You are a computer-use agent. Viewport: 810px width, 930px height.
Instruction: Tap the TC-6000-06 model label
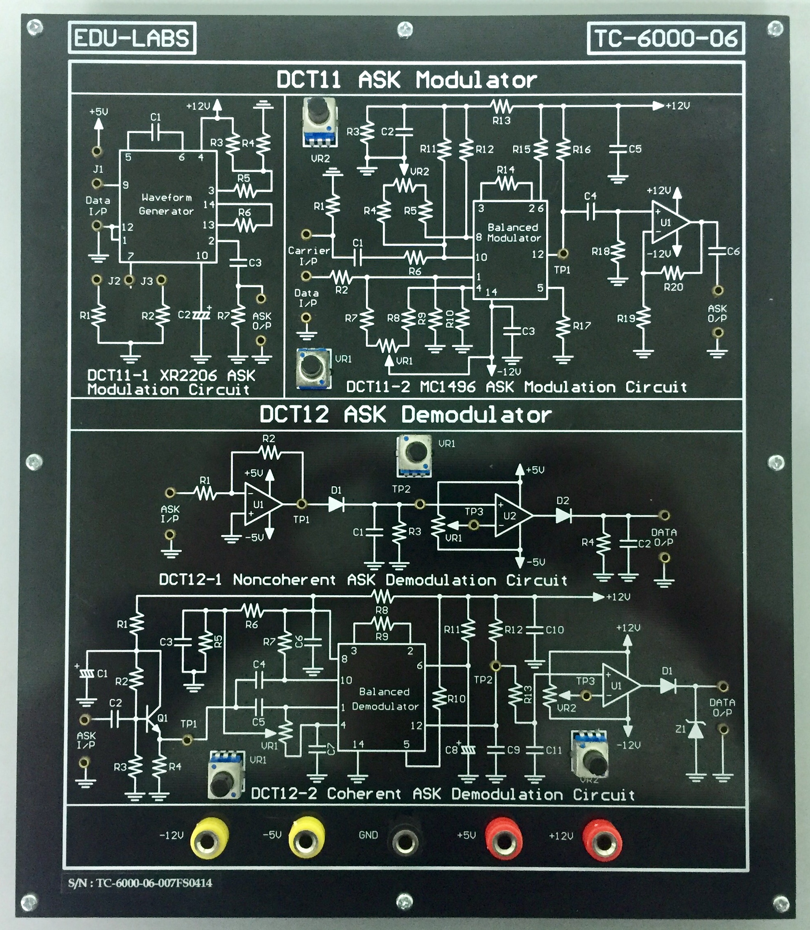click(x=665, y=38)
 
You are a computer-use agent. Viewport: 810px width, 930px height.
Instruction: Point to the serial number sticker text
click(x=140, y=883)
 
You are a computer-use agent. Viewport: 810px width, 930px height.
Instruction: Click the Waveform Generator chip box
click(x=168, y=206)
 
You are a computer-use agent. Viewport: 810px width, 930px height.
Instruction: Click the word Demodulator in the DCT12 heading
click(x=477, y=415)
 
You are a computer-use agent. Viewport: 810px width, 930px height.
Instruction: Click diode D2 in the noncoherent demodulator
click(x=563, y=515)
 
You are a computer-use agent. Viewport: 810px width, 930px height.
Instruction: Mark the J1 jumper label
click(x=98, y=169)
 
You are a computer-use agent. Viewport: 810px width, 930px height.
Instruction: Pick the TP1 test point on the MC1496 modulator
click(x=563, y=253)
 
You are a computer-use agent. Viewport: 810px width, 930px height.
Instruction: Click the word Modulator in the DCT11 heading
click(x=477, y=80)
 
